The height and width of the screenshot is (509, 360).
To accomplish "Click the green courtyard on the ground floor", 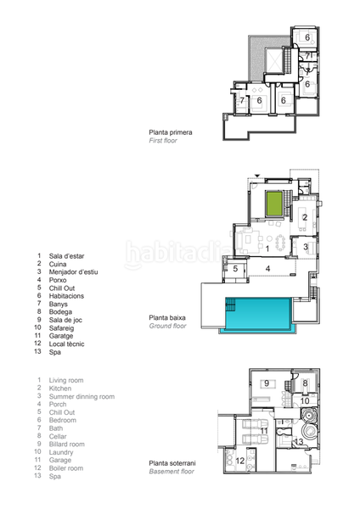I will pyautogui.click(x=273, y=204).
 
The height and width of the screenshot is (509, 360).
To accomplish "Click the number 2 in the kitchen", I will pyautogui.click(x=304, y=217).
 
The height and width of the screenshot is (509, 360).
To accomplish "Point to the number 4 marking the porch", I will pyautogui.click(x=267, y=269).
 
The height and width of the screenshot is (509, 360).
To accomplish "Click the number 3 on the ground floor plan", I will pyautogui.click(x=305, y=247).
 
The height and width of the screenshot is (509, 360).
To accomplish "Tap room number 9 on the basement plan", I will pyautogui.click(x=266, y=383).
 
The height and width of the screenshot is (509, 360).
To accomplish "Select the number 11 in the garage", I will pyautogui.click(x=265, y=431).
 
